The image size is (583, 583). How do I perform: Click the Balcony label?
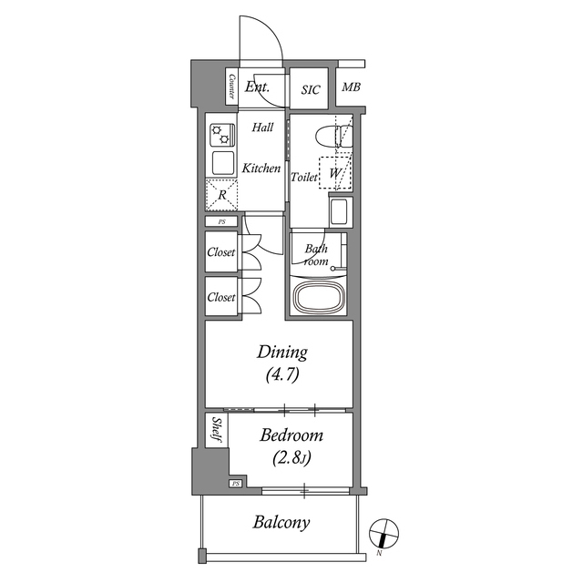pos(281,523)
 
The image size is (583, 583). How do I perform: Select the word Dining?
pos(281,353)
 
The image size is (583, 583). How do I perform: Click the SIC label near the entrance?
pos(311,89)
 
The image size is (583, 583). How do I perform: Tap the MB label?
pos(350,88)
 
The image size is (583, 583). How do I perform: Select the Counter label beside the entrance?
pos(232,87)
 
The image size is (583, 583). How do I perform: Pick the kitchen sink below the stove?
pos(222,163)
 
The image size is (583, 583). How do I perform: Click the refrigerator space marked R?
pos(221,194)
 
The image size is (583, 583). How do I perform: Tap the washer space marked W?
pos(336,171)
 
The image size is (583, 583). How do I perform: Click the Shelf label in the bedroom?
pos(215,430)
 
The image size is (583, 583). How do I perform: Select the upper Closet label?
pos(221,252)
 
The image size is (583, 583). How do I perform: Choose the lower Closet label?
pos(221,297)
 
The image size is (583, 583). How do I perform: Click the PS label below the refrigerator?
pos(221,221)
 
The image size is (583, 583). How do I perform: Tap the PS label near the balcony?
pos(236,483)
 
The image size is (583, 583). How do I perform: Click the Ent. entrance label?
pos(256,88)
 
